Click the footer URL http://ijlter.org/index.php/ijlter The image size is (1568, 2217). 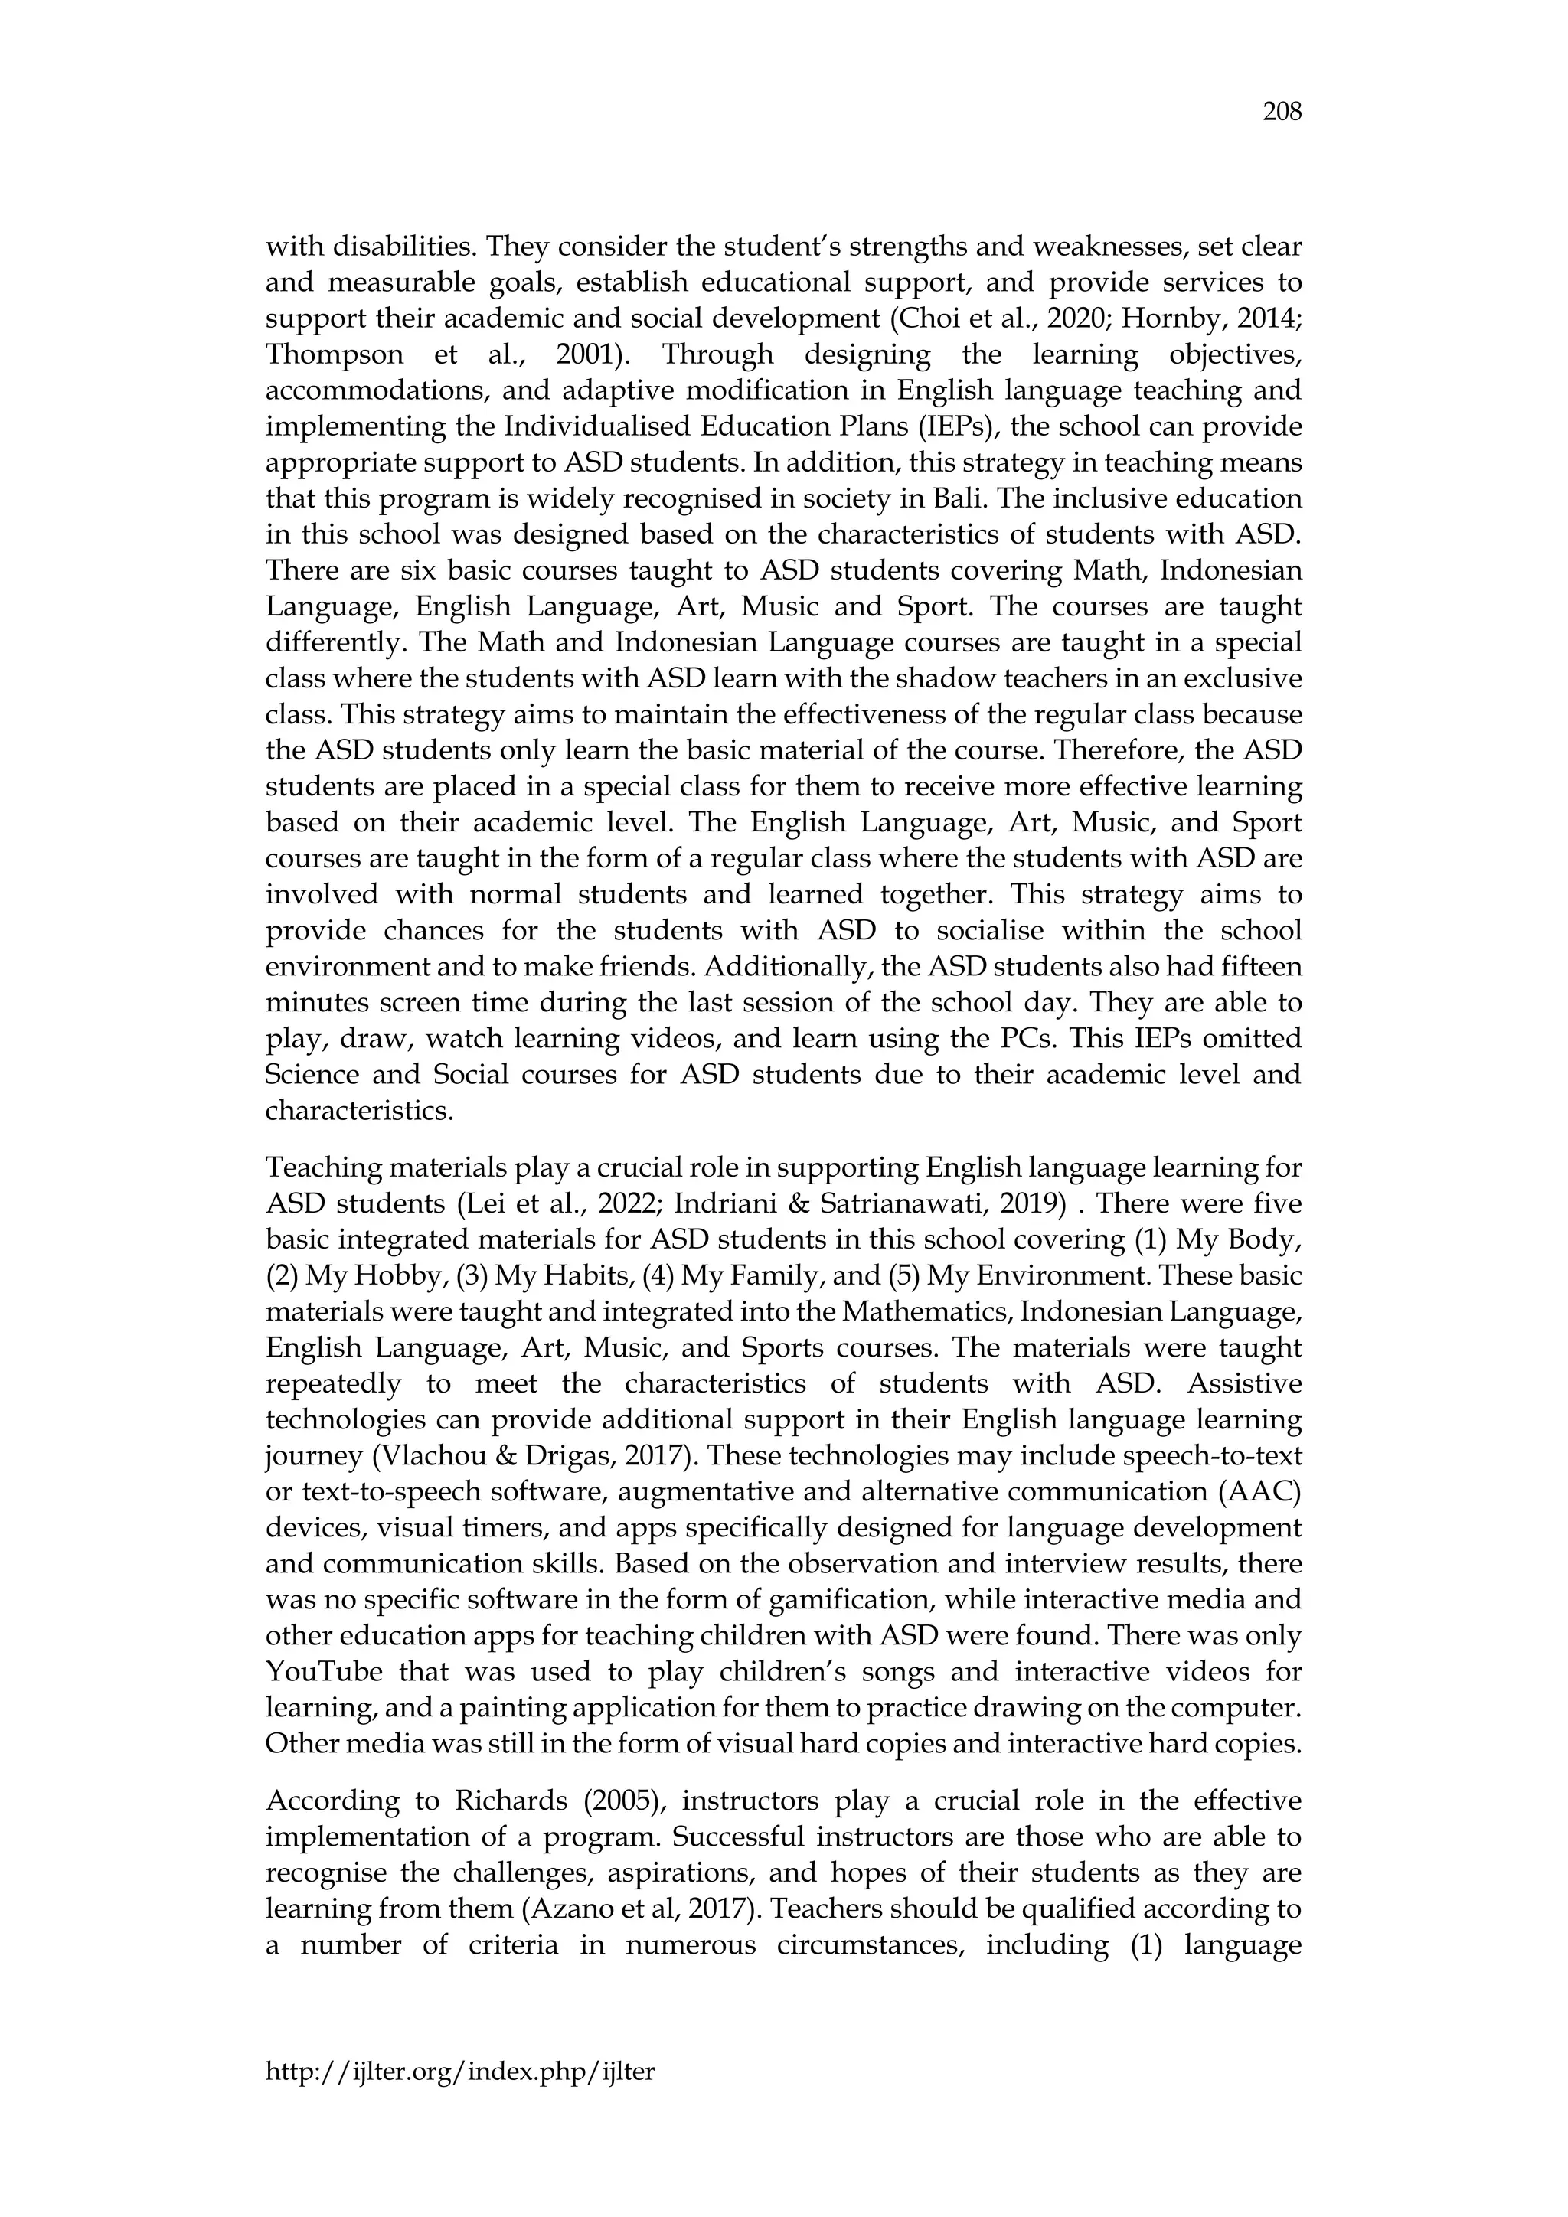(459, 2070)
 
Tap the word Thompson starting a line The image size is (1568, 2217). (333, 354)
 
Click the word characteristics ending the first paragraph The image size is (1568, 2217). (358, 1111)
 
